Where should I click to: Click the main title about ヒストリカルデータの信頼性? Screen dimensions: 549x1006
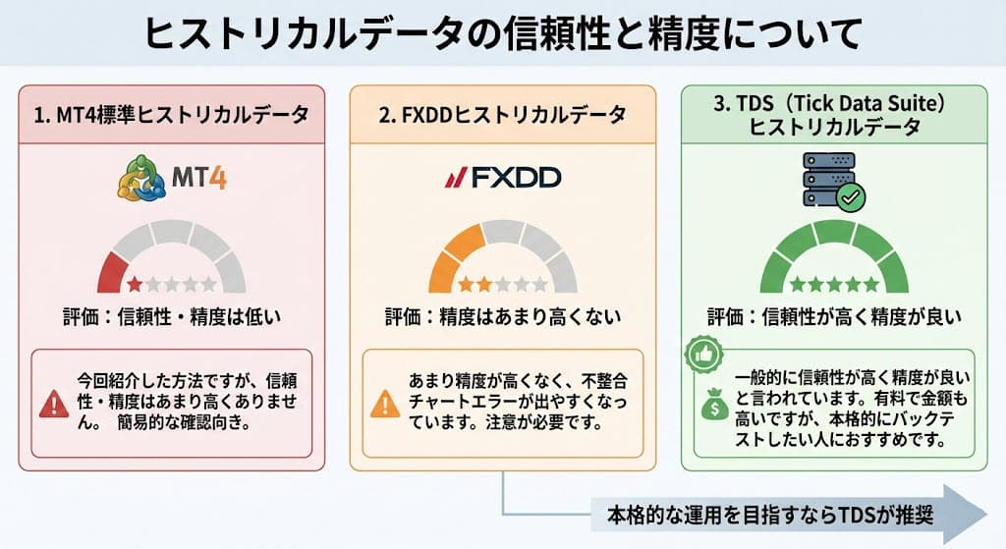pyautogui.click(x=503, y=32)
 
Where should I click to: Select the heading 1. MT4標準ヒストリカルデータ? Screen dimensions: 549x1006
pyautogui.click(x=171, y=115)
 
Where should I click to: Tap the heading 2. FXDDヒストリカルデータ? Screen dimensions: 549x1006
pyautogui.click(x=502, y=115)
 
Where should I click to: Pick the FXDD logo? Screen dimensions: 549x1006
pyautogui.click(x=502, y=178)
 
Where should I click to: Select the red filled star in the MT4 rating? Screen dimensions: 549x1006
pyautogui.click(x=134, y=285)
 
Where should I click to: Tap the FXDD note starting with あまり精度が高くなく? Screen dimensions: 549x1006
pyautogui.click(x=516, y=403)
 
